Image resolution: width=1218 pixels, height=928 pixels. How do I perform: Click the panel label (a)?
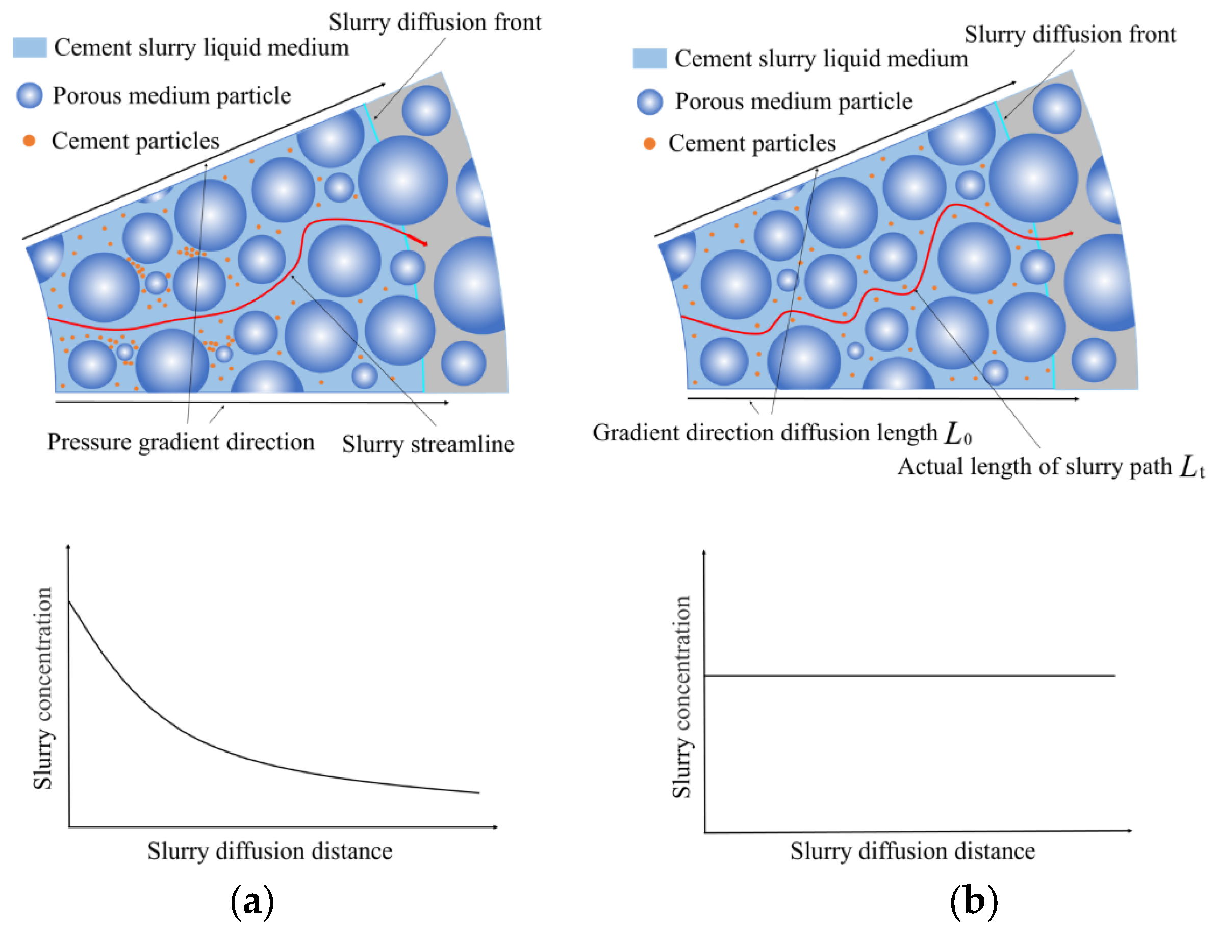tap(252, 901)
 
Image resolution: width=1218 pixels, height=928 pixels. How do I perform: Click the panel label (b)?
tap(974, 901)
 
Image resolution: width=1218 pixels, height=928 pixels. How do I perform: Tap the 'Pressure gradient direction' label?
tap(181, 442)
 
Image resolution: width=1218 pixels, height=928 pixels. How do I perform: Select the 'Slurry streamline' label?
tap(428, 445)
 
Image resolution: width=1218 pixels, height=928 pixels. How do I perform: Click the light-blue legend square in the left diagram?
tap(30, 47)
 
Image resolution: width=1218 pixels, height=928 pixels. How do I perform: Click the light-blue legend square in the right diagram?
tap(649, 59)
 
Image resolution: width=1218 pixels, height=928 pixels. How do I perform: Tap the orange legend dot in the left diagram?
tap(29, 141)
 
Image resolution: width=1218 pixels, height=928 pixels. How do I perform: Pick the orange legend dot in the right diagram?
tap(650, 144)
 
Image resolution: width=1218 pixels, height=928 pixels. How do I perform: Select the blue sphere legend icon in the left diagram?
tap(30, 95)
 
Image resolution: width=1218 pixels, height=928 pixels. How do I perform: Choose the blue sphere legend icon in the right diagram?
tap(650, 102)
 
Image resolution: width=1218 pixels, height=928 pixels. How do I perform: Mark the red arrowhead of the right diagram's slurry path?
tap(1070, 234)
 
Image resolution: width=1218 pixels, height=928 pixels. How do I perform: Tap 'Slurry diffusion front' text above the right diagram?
tap(1070, 35)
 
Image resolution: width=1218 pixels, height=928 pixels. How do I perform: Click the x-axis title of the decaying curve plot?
tap(269, 851)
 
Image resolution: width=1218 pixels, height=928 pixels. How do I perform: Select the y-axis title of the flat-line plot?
tap(681, 697)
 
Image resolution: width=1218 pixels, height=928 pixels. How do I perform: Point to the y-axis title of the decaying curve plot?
tap(43, 688)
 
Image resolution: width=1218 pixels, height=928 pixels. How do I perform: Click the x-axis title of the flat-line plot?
tap(912, 851)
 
